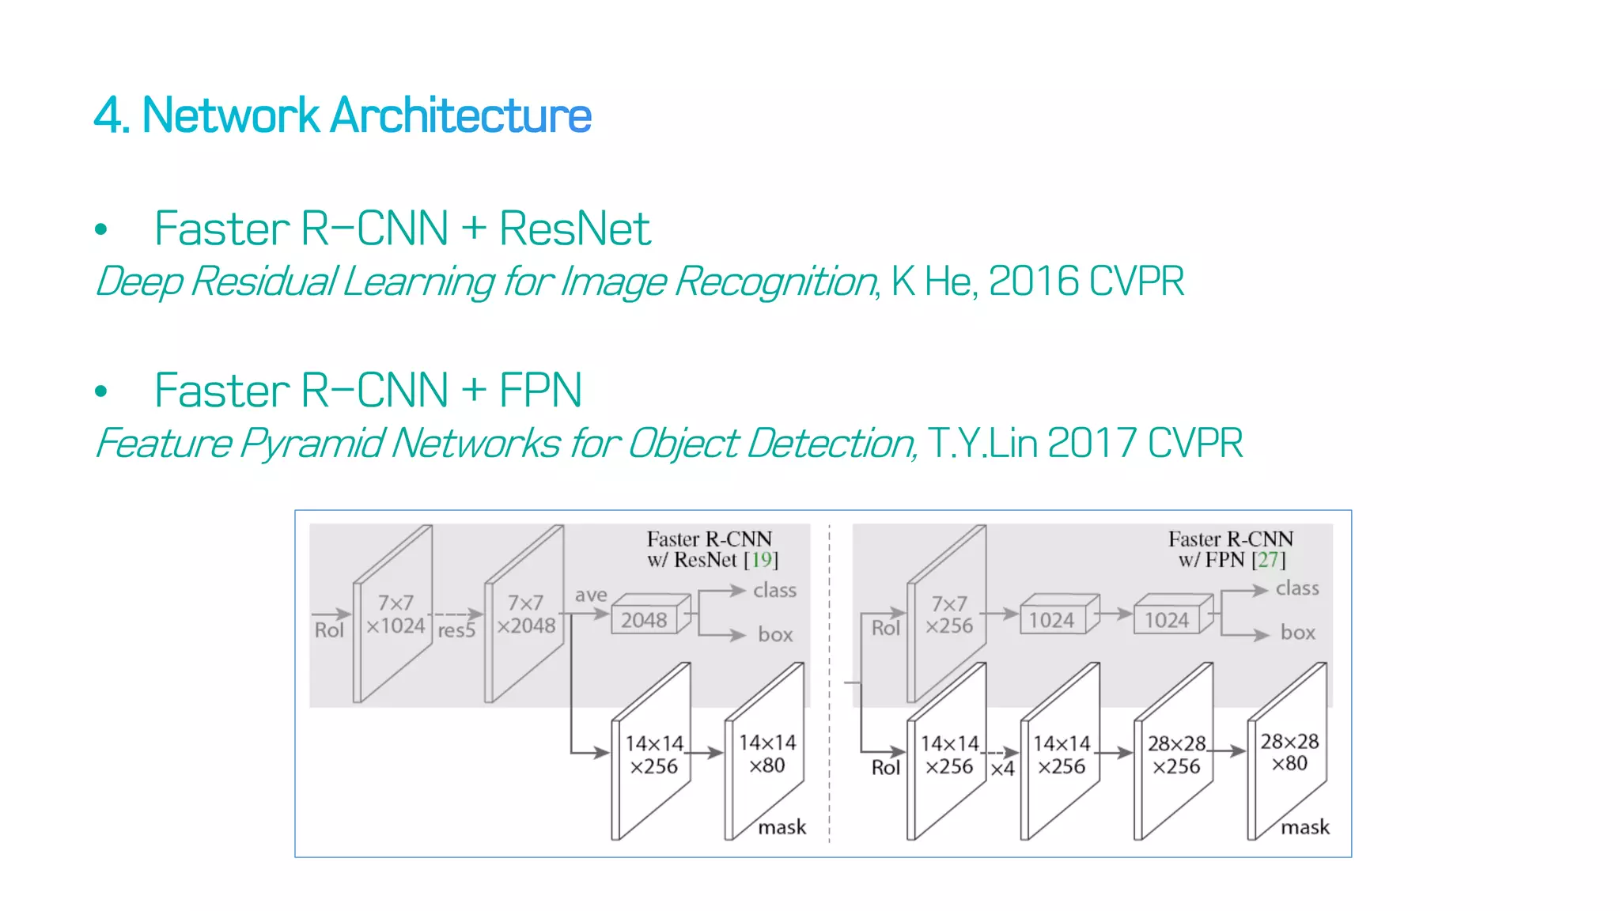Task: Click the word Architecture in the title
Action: click(x=460, y=115)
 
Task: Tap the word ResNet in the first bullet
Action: click(x=574, y=229)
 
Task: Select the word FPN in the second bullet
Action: click(x=540, y=391)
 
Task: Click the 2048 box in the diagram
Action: click(x=644, y=620)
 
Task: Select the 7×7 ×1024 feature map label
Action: click(x=396, y=614)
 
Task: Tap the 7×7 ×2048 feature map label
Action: click(x=526, y=614)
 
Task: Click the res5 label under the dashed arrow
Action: click(x=456, y=631)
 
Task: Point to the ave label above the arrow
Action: click(x=591, y=595)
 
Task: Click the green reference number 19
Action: click(x=761, y=560)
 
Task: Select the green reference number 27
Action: click(x=1268, y=560)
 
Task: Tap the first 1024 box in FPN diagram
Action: click(x=1051, y=620)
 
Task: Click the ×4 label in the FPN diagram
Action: click(x=1002, y=769)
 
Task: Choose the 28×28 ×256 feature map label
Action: click(x=1176, y=754)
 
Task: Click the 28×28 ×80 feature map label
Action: click(x=1289, y=752)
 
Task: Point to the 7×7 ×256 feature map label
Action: click(x=949, y=614)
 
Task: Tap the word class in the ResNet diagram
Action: click(x=774, y=590)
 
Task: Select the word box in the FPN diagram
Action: click(x=1297, y=633)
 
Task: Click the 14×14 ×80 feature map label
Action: click(x=767, y=754)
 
